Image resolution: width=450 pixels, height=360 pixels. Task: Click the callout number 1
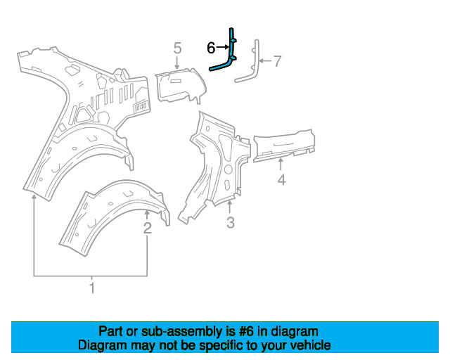92,288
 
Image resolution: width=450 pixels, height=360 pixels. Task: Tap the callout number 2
147,229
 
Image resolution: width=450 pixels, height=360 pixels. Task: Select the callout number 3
231,222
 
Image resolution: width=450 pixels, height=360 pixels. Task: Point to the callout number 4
281,180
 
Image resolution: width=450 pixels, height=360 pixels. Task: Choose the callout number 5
178,48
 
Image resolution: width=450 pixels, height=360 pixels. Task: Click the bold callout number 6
211,48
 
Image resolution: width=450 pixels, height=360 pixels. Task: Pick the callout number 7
277,61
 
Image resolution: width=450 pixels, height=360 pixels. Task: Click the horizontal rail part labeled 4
284,145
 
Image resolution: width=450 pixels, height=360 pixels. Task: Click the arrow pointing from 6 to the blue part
222,47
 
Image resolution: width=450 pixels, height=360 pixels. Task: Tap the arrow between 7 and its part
266,61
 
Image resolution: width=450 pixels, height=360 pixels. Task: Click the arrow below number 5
177,63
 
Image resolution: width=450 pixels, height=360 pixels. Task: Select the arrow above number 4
281,165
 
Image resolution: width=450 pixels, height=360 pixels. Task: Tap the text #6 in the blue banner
246,332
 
